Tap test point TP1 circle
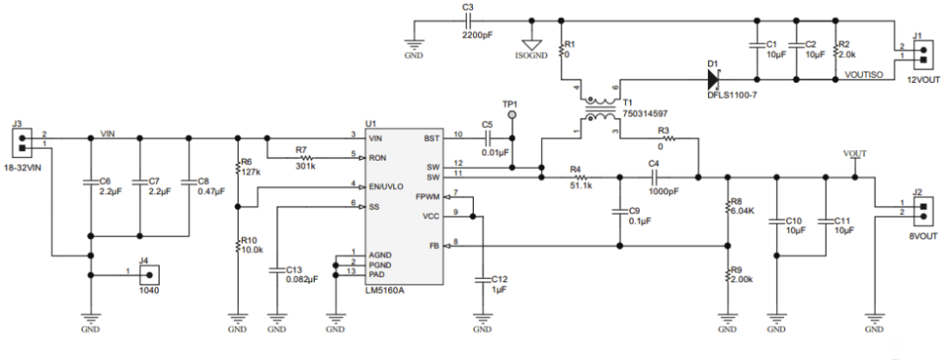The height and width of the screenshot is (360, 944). click(x=513, y=114)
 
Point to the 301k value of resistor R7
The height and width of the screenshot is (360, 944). click(x=305, y=164)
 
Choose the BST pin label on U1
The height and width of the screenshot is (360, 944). click(x=431, y=139)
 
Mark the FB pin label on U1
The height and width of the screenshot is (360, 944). click(x=434, y=246)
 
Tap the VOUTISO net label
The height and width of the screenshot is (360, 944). click(x=871, y=76)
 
